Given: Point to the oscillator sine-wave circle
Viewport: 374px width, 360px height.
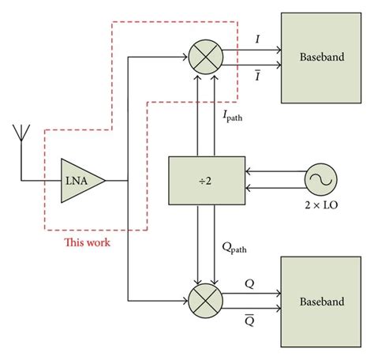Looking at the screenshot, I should (321, 179).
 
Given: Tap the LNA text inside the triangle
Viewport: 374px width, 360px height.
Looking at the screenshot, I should (77, 180).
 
